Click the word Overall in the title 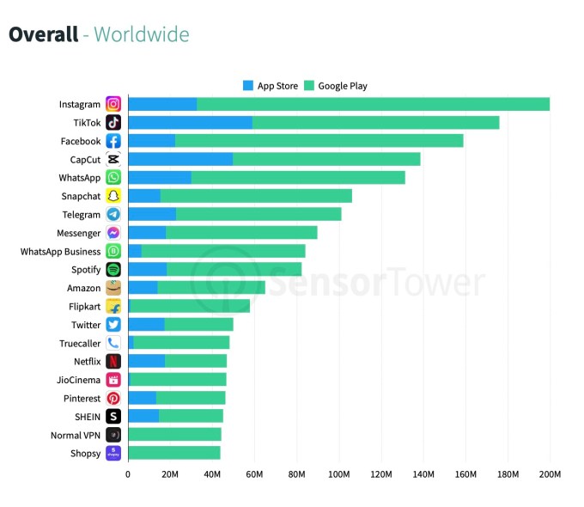(x=42, y=35)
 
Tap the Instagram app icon (x=113, y=104)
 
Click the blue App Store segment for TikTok (x=190, y=123)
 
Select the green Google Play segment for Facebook (x=319, y=141)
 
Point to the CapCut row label (x=85, y=160)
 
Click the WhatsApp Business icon (x=113, y=252)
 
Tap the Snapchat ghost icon (x=113, y=196)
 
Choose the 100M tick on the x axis (x=339, y=473)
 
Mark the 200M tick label (x=550, y=473)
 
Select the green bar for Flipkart (x=189, y=307)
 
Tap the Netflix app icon (x=113, y=362)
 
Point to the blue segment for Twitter (x=146, y=325)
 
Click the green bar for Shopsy (x=173, y=453)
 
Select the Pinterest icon (x=113, y=399)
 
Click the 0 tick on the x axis (x=128, y=473)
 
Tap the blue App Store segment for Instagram (x=162, y=104)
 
